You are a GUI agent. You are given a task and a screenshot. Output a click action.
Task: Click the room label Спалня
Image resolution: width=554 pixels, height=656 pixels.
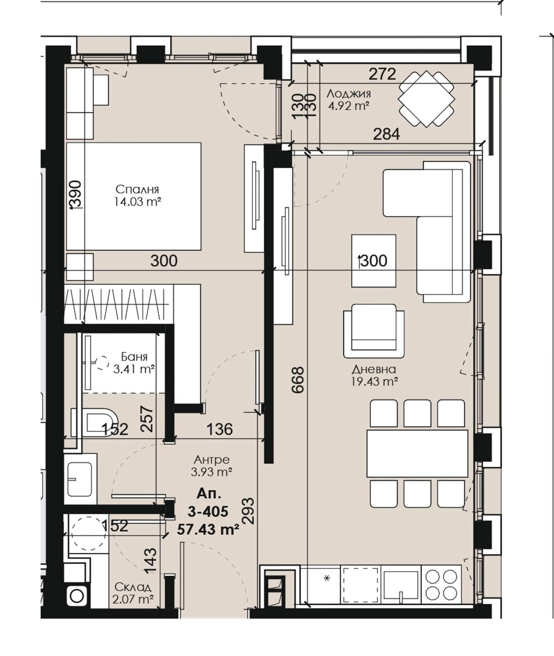pyautogui.click(x=137, y=189)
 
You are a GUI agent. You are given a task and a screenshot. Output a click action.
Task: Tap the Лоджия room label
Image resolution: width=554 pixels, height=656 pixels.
pyautogui.click(x=348, y=95)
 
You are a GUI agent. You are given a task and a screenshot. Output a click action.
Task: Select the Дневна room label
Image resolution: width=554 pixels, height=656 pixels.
pyautogui.click(x=374, y=369)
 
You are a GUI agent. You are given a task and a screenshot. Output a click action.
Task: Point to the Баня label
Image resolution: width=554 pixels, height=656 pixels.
pyautogui.click(x=134, y=357)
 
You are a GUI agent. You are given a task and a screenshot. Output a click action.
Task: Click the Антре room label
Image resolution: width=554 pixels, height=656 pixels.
pyautogui.click(x=212, y=460)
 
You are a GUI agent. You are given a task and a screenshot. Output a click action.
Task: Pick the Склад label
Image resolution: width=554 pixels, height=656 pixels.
pyautogui.click(x=133, y=587)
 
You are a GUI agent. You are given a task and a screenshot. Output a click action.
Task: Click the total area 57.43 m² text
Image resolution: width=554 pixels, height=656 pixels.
pyautogui.click(x=208, y=530)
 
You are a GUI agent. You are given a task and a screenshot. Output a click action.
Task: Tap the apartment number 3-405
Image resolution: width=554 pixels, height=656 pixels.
pyautogui.click(x=208, y=512)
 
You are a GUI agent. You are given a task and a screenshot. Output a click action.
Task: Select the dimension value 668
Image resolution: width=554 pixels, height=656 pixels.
pyautogui.click(x=298, y=379)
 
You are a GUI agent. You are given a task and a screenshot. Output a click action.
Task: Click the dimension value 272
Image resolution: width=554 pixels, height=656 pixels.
pyautogui.click(x=382, y=74)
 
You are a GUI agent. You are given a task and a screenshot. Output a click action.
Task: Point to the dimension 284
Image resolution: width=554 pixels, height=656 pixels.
pyautogui.click(x=386, y=134)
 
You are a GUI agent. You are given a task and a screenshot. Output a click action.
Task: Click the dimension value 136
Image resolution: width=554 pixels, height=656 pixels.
pyautogui.click(x=219, y=429)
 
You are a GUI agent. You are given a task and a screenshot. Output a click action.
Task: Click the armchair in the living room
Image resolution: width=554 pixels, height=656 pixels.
pyautogui.click(x=374, y=331)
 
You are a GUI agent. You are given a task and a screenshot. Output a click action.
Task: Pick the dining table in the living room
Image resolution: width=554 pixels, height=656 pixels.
pyautogui.click(x=417, y=453)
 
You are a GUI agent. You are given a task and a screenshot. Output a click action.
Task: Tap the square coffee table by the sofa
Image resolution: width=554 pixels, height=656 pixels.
pyautogui.click(x=374, y=261)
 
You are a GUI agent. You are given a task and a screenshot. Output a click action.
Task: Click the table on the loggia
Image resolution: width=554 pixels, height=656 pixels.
pyautogui.click(x=427, y=99)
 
